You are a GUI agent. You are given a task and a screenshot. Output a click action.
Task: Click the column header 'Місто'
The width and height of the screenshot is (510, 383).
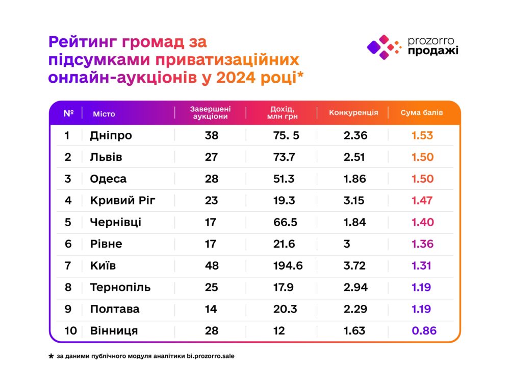[x=104, y=113]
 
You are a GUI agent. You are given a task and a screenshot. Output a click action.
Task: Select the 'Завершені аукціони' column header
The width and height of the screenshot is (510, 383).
[x=210, y=113]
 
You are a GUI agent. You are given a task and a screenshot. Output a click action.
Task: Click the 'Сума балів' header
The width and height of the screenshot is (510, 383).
[x=422, y=112]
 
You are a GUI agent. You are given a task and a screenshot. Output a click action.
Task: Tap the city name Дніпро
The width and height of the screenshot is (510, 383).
[x=111, y=135]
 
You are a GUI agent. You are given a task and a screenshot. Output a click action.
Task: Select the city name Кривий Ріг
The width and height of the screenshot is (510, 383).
[x=122, y=200]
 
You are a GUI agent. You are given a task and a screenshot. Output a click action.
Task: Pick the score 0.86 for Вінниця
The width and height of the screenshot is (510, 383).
[x=424, y=330]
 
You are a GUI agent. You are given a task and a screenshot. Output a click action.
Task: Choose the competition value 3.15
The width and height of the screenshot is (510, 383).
[x=354, y=200]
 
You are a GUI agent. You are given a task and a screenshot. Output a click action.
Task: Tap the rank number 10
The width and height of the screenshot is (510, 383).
[x=70, y=330]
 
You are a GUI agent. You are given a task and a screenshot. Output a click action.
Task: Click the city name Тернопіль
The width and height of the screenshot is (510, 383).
[x=120, y=287]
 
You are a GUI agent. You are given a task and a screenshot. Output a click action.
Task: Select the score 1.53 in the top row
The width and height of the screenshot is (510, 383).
[x=423, y=135]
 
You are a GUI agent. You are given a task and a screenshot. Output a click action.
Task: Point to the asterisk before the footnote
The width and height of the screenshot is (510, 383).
[x=51, y=356]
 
